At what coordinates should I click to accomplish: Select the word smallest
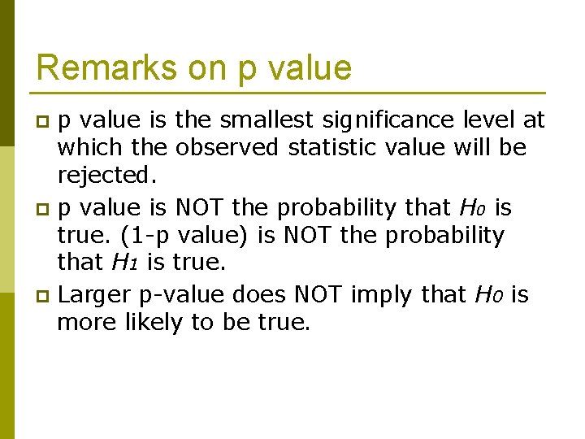[x=269, y=120]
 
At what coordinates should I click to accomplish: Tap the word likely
[x=154, y=322]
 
